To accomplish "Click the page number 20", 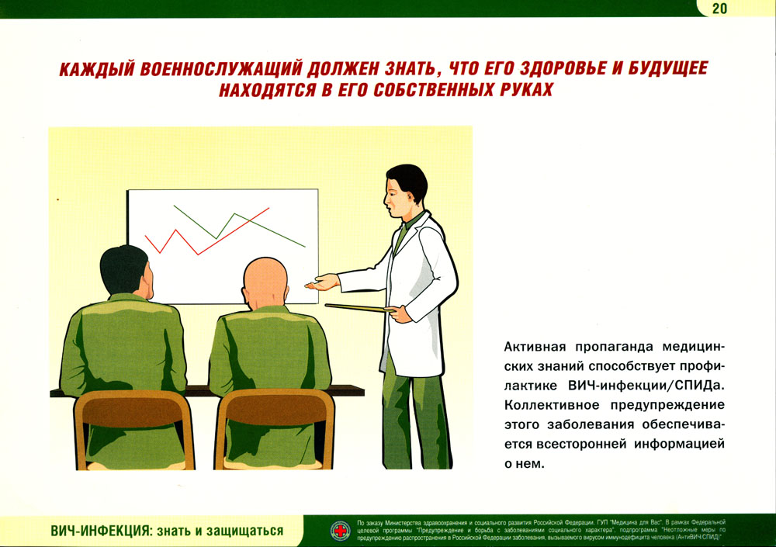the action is tap(719, 9).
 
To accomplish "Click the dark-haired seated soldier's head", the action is tap(126, 272).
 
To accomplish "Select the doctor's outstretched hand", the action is tap(322, 283).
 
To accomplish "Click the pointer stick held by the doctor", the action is tap(356, 308).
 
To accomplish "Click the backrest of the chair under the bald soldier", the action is tap(275, 407).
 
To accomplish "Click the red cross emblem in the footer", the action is tap(341, 531).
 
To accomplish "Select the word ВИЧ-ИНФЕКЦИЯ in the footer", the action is tap(100, 531).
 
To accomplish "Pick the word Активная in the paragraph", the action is tap(535, 347).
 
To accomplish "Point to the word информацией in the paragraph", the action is tap(680, 444).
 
